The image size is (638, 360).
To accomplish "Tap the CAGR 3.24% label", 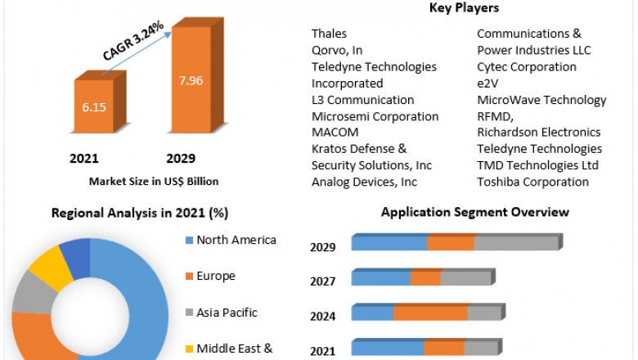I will tap(133, 41).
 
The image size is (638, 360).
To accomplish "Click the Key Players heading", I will tap(464, 8).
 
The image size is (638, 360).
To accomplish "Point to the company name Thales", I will tap(329, 34).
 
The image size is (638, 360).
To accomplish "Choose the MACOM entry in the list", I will tap(334, 132).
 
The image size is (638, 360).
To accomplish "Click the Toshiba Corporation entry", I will tap(532, 182).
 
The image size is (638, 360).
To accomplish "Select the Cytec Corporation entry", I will tap(527, 66).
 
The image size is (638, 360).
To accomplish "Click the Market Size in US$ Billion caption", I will tap(153, 181).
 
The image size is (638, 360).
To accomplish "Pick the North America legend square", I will tap(190, 241).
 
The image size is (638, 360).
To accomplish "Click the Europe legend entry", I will tap(215, 276).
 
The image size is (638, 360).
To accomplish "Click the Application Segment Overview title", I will tap(475, 213).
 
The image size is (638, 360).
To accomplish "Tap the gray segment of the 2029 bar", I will tap(515, 243).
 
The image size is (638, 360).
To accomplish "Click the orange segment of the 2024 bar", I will tap(429, 313).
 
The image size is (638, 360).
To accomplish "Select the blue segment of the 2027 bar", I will tap(381, 278).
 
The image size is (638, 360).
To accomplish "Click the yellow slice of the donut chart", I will tap(51, 267).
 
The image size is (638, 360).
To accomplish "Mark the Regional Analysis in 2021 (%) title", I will tap(140, 213).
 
